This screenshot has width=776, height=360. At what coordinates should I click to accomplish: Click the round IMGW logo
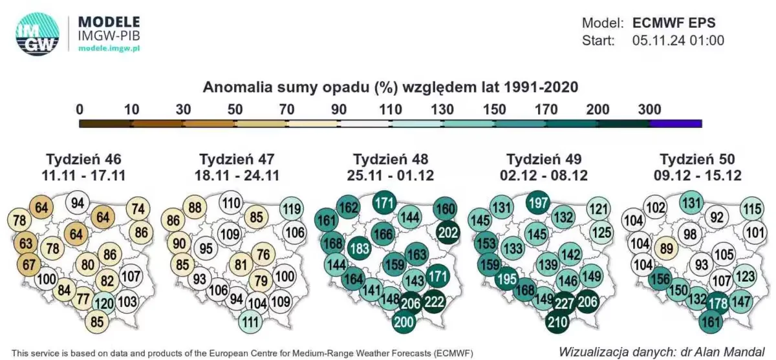[38, 34]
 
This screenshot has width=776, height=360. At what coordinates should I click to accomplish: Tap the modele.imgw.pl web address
[109, 48]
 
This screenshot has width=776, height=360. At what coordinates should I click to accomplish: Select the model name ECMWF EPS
[674, 23]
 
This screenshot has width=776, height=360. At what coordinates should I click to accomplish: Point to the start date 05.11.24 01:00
[678, 41]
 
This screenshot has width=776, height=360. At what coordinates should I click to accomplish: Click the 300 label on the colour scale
[649, 109]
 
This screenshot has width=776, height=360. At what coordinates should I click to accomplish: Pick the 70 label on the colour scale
[286, 109]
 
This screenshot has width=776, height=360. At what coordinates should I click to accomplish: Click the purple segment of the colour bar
[676, 123]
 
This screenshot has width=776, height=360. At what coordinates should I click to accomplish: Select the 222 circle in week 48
[434, 302]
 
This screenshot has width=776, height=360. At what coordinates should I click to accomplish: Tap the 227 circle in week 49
[565, 304]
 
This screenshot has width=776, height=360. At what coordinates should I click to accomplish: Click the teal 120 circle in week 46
[104, 304]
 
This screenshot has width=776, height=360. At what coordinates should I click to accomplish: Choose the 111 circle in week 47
[250, 323]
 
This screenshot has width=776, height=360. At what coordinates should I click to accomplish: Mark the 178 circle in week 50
[718, 304]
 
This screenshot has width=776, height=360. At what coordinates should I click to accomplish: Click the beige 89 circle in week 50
[667, 249]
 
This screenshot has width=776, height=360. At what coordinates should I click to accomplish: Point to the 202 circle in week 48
[448, 233]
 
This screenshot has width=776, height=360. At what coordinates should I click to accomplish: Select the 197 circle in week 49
[537, 202]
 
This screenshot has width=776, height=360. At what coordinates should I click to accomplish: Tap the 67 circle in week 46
[28, 265]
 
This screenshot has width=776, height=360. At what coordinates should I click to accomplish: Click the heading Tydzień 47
[237, 159]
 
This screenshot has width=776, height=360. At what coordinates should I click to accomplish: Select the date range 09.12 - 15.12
[697, 176]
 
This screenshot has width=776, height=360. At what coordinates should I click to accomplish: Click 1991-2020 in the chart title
[541, 87]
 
